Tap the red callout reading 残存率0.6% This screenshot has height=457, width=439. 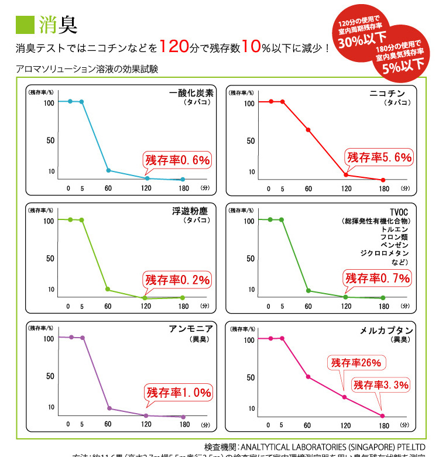point(177,160)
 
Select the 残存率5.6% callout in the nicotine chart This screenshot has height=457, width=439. point(379,157)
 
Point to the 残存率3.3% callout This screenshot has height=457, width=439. point(380,384)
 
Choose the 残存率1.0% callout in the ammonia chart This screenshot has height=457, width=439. point(178,393)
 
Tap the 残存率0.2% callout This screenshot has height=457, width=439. point(177,280)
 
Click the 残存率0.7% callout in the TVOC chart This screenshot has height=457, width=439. point(378,279)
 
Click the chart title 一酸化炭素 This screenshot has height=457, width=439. point(191,93)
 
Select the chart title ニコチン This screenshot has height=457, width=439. point(387,93)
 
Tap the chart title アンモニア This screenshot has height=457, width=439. point(191,328)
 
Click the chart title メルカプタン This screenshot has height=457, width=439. point(386,330)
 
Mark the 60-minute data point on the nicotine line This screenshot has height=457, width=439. point(308,130)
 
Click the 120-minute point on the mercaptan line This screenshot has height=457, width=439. point(345,397)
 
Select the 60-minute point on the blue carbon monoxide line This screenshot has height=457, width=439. point(108,170)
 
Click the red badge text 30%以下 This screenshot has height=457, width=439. point(358,42)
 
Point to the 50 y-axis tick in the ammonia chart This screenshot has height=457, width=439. point(51,376)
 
